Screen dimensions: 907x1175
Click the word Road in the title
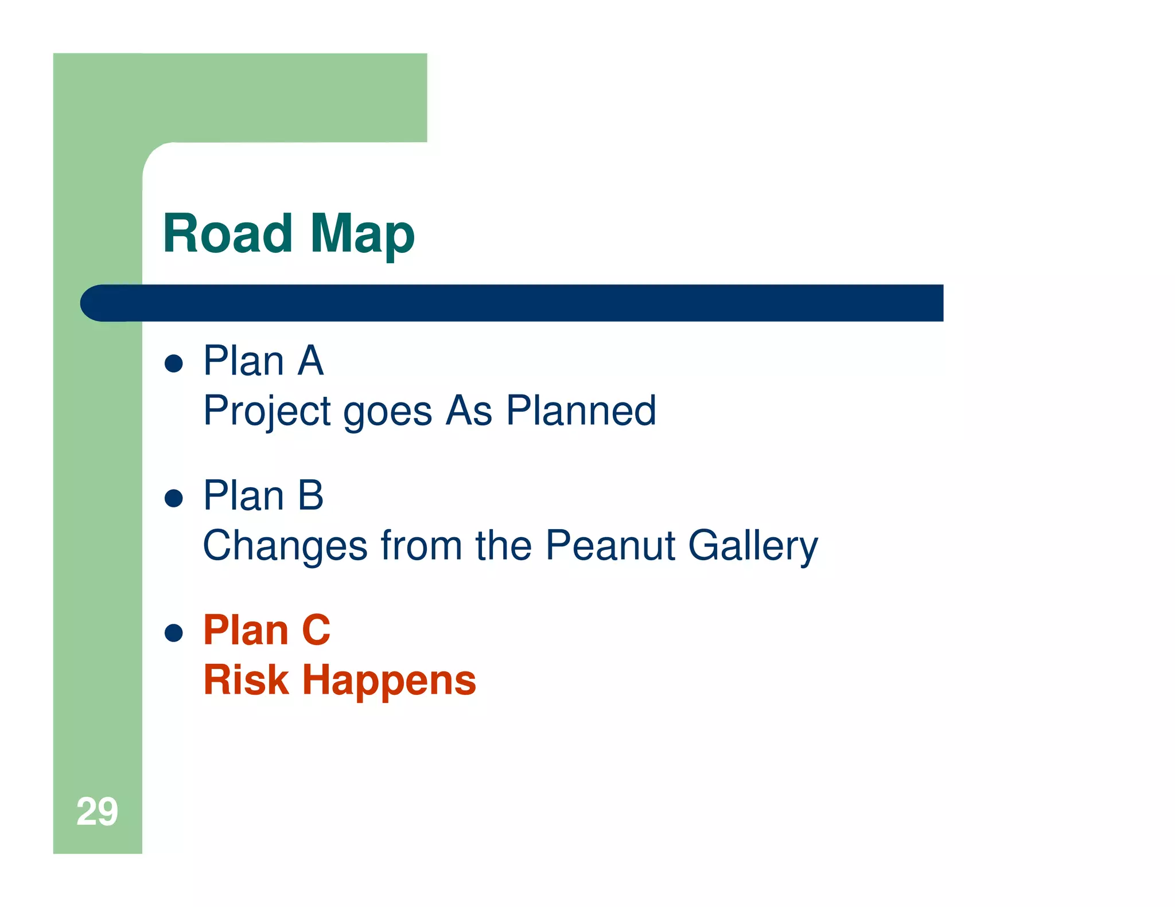coord(228,233)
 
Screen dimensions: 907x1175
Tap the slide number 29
coord(97,811)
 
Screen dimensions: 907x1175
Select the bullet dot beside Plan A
coord(173,363)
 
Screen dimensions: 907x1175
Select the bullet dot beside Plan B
coord(173,498)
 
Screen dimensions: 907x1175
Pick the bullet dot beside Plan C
coord(173,633)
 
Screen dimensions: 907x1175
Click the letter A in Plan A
coord(311,361)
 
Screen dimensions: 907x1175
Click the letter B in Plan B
coord(311,496)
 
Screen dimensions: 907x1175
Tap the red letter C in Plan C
coord(316,631)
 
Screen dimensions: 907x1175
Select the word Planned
coord(581,411)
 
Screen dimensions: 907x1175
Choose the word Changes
coord(285,546)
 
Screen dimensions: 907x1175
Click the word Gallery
coord(753,546)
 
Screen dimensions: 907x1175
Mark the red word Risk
coord(246,681)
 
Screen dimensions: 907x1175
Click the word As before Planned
coord(469,411)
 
